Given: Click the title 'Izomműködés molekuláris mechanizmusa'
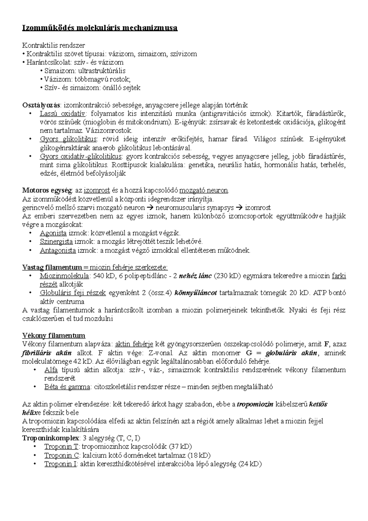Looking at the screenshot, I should [100, 28].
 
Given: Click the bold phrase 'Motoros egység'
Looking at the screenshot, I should [47, 191].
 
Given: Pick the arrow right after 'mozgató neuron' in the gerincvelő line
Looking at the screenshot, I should [149, 208].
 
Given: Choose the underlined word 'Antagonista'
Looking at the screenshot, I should [58, 250].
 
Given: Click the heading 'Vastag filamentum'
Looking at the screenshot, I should [52, 267].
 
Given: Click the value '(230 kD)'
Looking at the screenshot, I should [227, 276].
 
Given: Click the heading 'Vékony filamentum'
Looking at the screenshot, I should [54, 335].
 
